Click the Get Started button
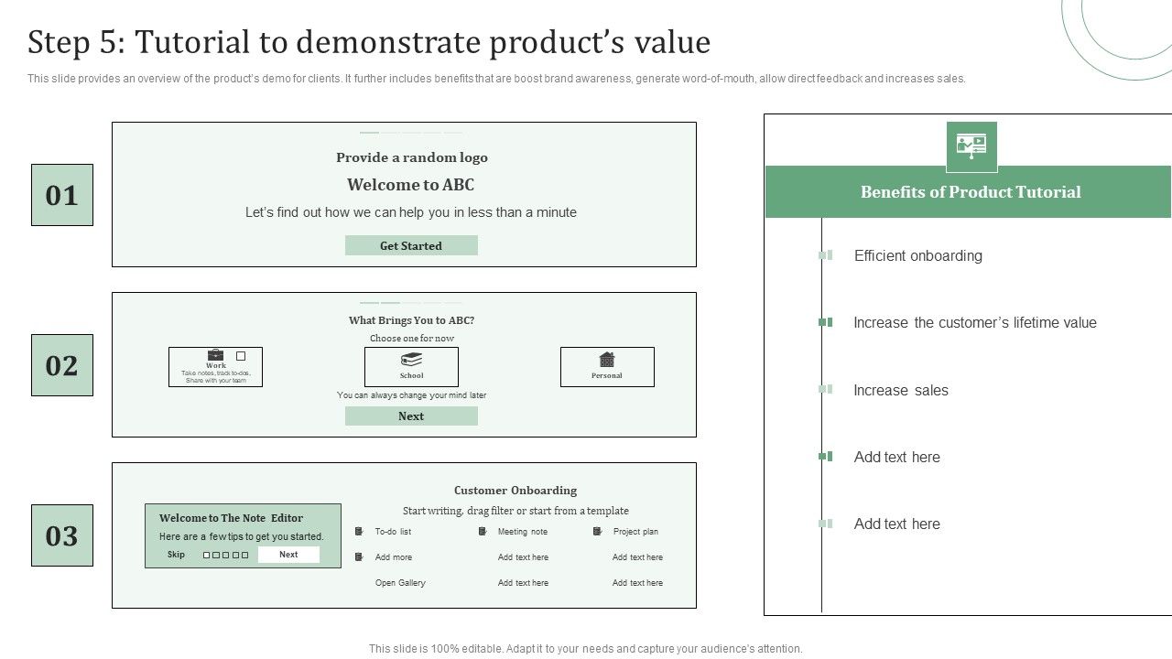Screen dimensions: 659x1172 tap(411, 245)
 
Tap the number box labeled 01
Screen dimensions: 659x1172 tap(62, 195)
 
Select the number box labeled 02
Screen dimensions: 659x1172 tap(62, 365)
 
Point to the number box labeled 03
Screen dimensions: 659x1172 tap(62, 535)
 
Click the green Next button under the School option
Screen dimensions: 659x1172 tap(411, 416)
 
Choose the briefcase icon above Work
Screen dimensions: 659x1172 tap(215, 354)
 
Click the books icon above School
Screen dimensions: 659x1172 tap(412, 360)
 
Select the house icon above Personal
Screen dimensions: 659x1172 tap(606, 360)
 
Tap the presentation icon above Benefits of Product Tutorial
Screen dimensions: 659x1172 tap(971, 145)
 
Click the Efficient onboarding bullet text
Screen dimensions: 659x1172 tap(917, 255)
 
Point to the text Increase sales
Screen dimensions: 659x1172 tap(901, 390)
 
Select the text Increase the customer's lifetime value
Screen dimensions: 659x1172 tap(974, 322)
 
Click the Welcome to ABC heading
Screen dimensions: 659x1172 tap(410, 185)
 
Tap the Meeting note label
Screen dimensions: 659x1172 tap(522, 532)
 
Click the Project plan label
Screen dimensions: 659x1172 tap(635, 532)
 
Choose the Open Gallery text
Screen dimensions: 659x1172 tap(400, 583)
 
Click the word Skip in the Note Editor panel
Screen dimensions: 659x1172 tap(176, 555)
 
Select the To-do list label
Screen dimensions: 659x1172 tap(393, 532)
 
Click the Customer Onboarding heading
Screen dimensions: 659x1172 tap(515, 491)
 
